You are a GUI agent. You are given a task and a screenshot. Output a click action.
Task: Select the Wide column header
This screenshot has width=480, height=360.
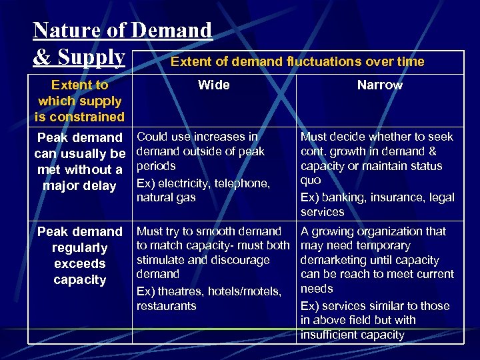click(214, 85)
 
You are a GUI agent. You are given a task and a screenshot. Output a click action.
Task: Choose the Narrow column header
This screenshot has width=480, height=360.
click(379, 85)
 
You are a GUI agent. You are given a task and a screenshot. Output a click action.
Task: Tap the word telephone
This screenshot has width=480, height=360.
click(243, 183)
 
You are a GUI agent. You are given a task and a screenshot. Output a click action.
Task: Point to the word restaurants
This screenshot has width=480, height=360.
click(167, 306)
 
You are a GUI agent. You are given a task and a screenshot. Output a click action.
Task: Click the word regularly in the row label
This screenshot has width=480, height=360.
click(80, 248)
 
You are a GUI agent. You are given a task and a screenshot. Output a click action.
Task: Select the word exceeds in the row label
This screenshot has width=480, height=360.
click(80, 264)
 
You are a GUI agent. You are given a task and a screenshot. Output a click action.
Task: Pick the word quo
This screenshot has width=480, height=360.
click(311, 181)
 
